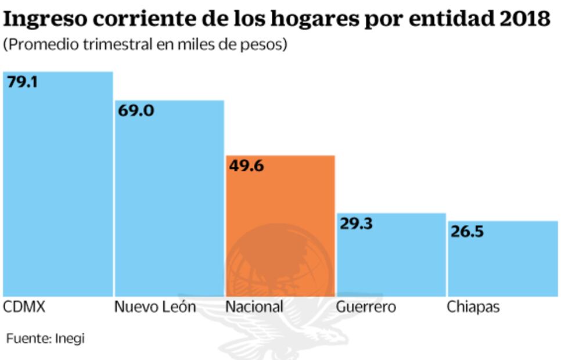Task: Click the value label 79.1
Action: [x=22, y=82]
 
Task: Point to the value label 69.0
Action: [x=136, y=110]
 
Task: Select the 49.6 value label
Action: [x=247, y=166]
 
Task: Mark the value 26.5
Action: [x=468, y=232]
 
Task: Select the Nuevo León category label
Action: [x=155, y=307]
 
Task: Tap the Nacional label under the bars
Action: [x=254, y=307]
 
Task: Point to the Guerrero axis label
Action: [x=366, y=307]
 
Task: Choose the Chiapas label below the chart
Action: [x=473, y=307]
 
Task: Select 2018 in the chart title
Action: [x=525, y=19]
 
